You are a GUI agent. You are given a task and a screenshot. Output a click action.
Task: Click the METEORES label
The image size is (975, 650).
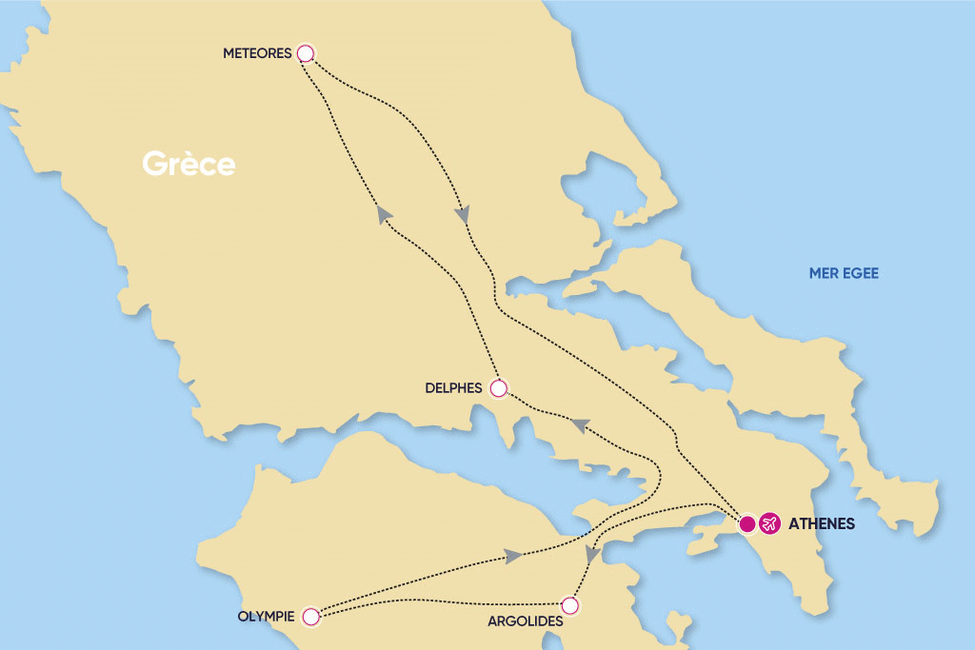tap(256, 53)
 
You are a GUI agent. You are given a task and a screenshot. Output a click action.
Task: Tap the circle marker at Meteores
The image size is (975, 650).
tap(305, 53)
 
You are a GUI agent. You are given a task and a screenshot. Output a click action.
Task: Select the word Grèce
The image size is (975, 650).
tap(189, 164)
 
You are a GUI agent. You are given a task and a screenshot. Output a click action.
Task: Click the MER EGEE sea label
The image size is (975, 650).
tap(844, 273)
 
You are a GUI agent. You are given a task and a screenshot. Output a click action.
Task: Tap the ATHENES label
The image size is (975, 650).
tap(822, 523)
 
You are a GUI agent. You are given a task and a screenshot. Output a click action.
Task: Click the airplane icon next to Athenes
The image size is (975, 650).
tap(769, 523)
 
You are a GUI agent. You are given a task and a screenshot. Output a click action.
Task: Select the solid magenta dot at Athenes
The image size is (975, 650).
tap(748, 523)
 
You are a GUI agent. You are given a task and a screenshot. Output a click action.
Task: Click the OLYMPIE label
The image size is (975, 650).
tap(265, 617)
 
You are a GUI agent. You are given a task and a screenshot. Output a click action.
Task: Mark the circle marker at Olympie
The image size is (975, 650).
tap(309, 617)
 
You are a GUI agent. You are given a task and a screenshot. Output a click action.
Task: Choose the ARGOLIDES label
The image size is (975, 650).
tap(520, 620)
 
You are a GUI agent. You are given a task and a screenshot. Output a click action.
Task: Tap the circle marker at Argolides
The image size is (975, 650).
tap(569, 604)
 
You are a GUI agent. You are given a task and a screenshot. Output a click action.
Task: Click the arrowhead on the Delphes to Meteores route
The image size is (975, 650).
tap(385, 215)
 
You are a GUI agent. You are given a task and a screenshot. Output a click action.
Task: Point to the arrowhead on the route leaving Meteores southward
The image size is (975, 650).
tap(462, 215)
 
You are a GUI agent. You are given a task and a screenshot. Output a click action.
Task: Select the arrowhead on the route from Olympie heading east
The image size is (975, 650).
tap(513, 556)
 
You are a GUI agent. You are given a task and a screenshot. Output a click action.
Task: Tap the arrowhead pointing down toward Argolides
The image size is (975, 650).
tap(590, 555)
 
